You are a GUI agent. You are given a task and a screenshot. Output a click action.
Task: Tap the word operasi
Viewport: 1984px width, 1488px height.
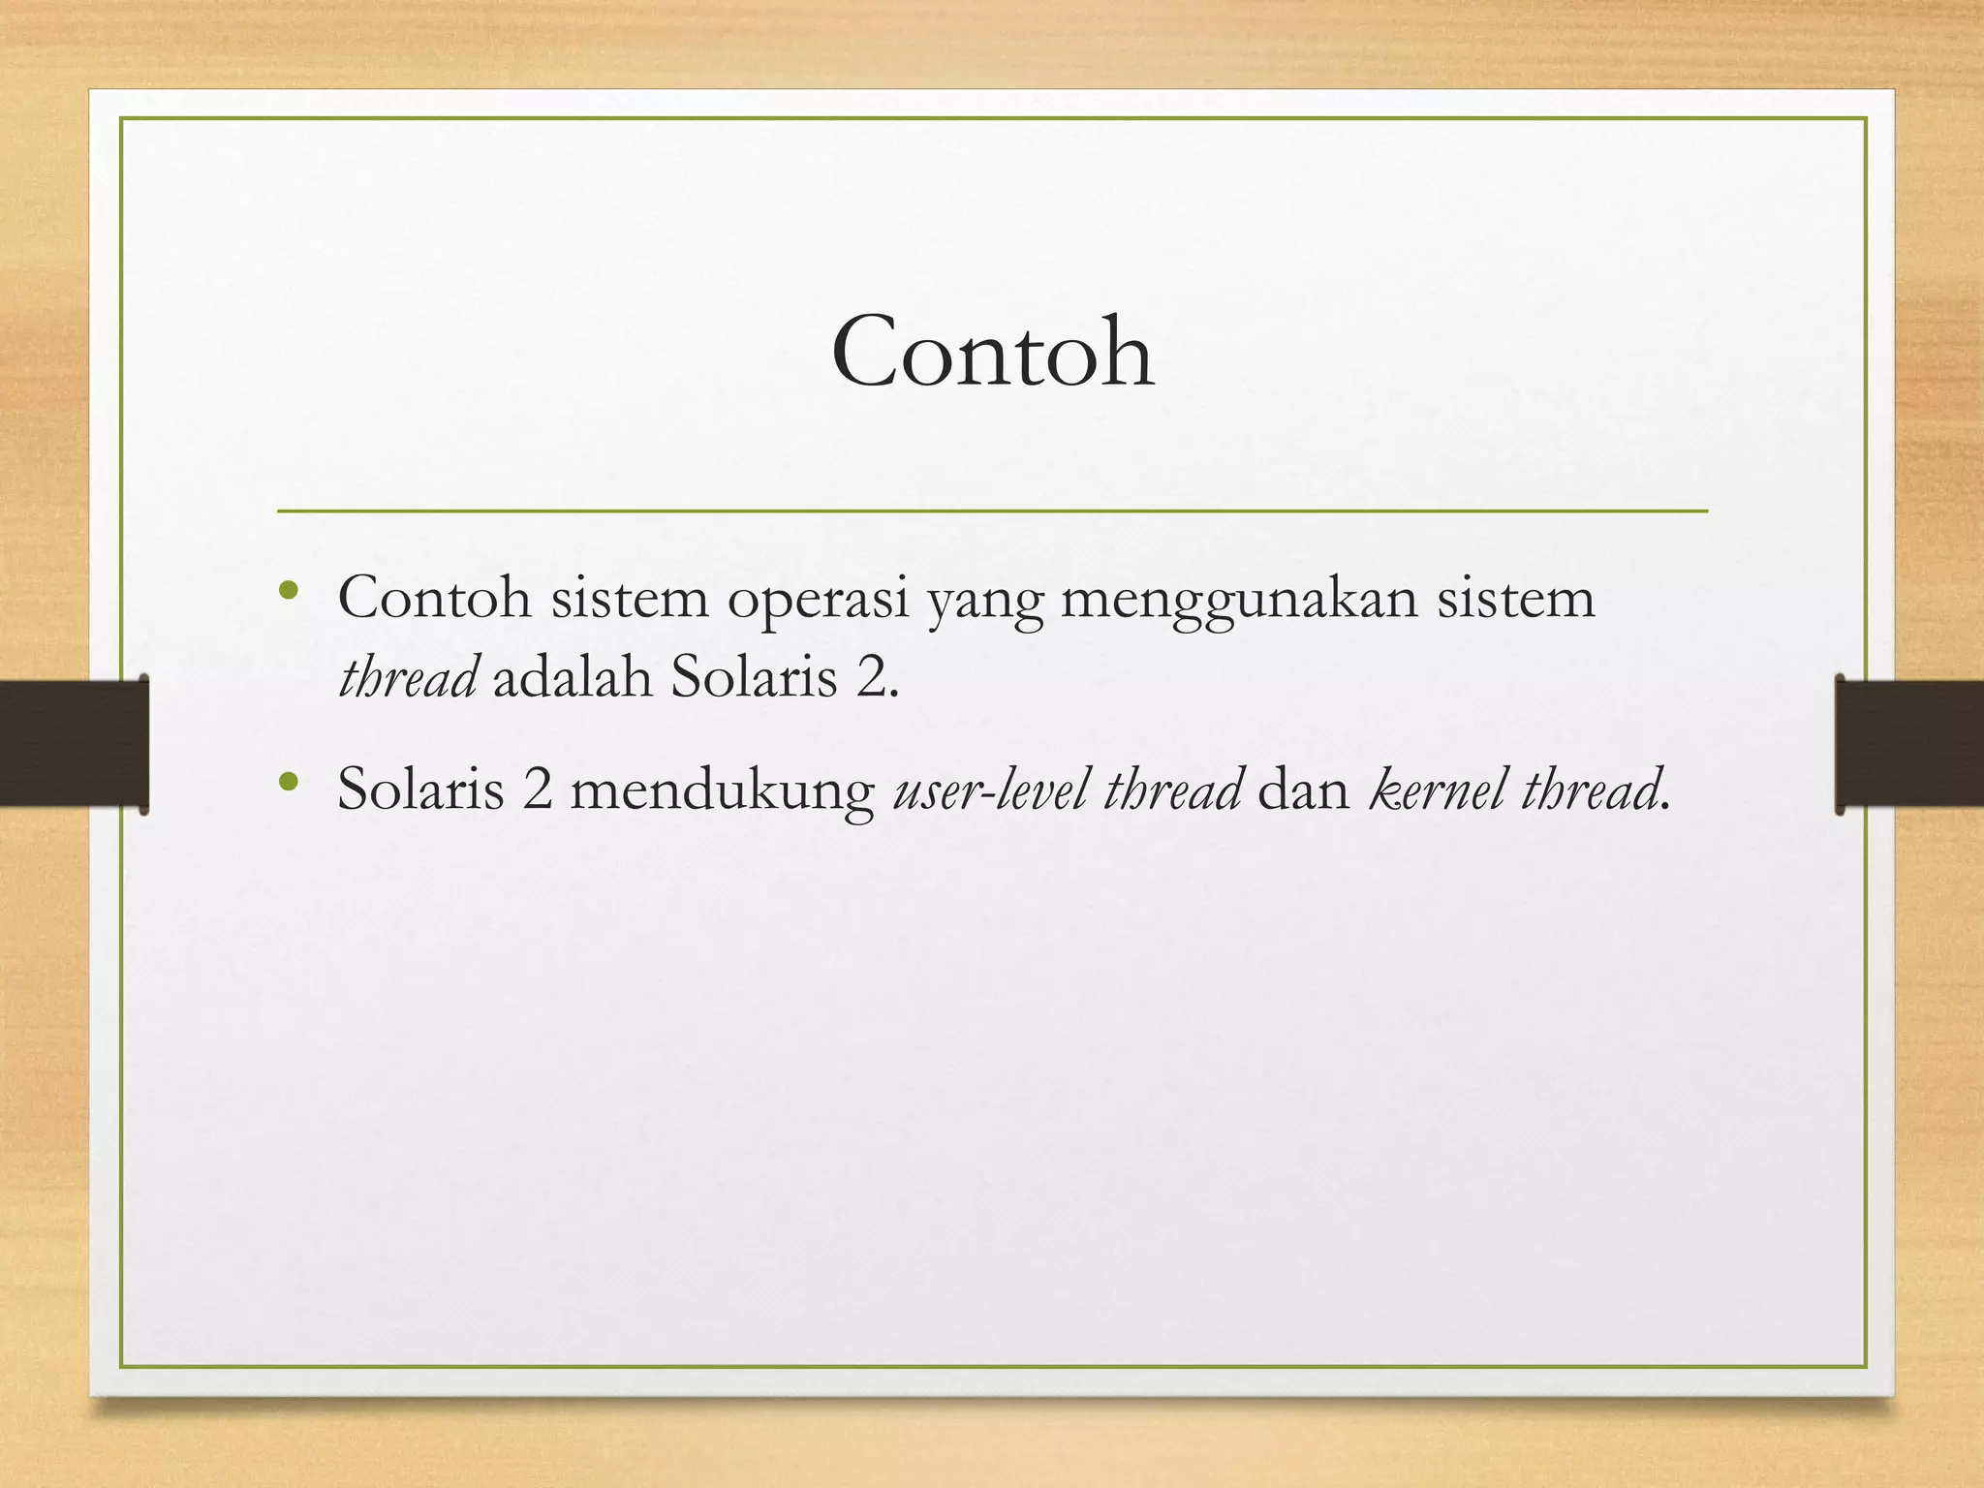coord(818,599)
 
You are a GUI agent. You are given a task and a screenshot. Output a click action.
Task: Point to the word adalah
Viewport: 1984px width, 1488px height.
coord(573,677)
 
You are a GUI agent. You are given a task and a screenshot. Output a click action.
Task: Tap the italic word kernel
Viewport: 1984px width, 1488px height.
coord(1438,789)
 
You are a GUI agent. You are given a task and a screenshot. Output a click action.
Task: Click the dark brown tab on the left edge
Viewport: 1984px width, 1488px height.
coord(74,744)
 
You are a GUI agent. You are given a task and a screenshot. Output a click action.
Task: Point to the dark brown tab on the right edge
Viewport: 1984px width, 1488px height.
coord(1908,744)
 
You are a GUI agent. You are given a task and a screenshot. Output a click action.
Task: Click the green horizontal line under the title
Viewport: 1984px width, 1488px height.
coord(992,511)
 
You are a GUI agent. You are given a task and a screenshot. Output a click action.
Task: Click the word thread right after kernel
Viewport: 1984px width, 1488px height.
coord(1589,789)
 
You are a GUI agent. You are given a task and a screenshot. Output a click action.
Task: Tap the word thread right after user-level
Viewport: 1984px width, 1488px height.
coord(1172,789)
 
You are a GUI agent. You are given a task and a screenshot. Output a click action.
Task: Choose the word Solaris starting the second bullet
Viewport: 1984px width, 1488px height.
coord(420,789)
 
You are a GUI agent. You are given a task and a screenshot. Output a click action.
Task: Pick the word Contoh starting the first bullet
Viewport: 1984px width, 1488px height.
coord(434,599)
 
